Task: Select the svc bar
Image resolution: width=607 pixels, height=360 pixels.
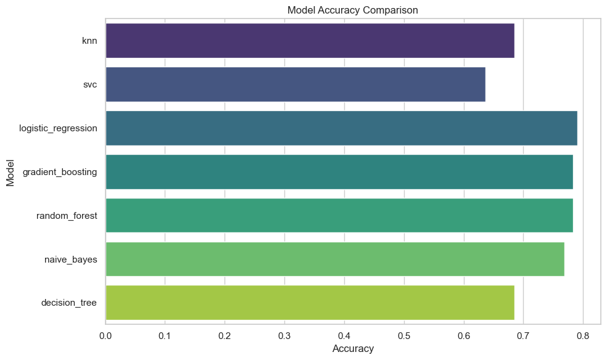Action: pos(295,84)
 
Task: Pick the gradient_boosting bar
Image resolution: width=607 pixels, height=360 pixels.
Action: pos(339,172)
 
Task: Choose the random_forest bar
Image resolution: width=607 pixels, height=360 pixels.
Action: pos(339,215)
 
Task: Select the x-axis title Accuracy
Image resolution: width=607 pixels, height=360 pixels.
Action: pos(353,349)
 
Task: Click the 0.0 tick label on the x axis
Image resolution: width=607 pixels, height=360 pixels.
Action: pos(106,335)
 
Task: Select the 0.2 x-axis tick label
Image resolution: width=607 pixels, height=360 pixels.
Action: pos(225,335)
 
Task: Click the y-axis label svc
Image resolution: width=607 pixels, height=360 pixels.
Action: pos(90,84)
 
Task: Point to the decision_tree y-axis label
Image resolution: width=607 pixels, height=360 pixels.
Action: pos(69,303)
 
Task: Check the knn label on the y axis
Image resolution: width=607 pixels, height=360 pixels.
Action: pos(89,41)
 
